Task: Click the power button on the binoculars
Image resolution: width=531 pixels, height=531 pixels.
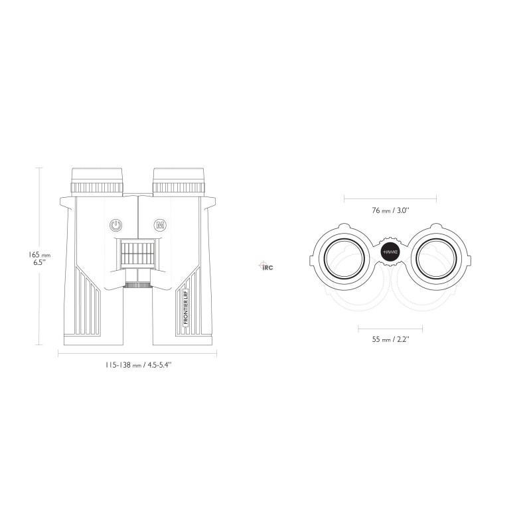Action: pyautogui.click(x=116, y=225)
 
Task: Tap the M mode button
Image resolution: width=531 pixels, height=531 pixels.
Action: pyautogui.click(x=159, y=225)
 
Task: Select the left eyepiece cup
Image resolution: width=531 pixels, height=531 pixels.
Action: pyautogui.click(x=97, y=181)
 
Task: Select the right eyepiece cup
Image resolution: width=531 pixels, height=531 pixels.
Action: pyautogui.click(x=179, y=181)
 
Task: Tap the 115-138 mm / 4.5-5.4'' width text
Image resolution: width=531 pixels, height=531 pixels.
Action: pyautogui.click(x=138, y=364)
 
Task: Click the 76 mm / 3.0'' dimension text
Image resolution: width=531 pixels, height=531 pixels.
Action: pyautogui.click(x=390, y=210)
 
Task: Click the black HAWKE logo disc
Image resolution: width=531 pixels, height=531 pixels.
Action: pyautogui.click(x=390, y=253)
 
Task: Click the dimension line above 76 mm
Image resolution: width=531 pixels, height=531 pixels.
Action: pyautogui.click(x=390, y=197)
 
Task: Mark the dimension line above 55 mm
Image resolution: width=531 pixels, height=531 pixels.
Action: pyautogui.click(x=390, y=327)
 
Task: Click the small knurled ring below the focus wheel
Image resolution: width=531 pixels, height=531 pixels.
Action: pyautogui.click(x=138, y=285)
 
